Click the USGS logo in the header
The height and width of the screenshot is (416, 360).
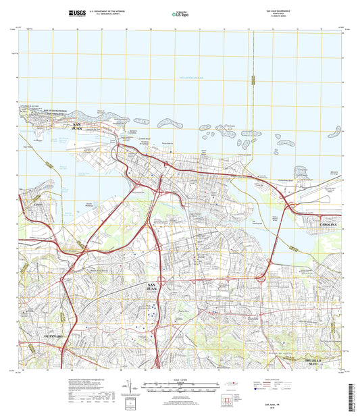[x=78, y=12]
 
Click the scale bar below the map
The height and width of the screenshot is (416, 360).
[x=180, y=389]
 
